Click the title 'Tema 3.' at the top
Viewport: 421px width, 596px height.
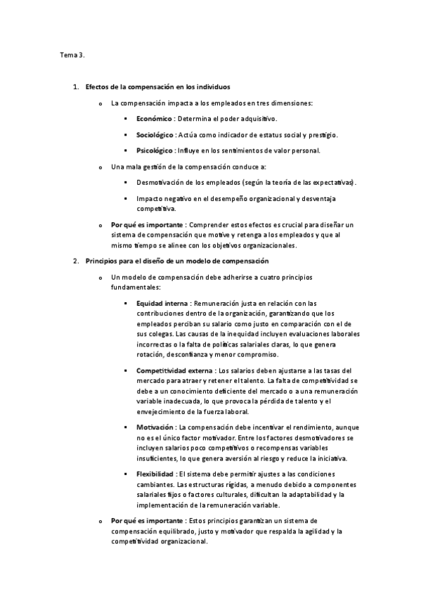72,54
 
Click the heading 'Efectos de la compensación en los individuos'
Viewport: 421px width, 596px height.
157,88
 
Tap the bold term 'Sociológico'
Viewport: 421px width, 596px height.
155,134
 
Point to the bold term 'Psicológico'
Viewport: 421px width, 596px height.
154,150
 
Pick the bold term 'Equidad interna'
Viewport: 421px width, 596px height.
162,303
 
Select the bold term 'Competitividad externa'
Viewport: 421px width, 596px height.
176,370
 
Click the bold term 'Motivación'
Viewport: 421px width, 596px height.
156,427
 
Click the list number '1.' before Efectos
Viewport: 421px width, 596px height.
76,88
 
